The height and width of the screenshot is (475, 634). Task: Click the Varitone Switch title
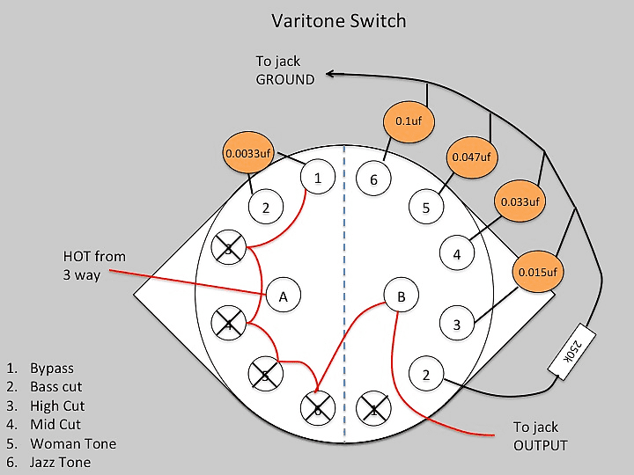tap(339, 21)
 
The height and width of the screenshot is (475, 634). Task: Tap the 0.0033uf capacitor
tap(247, 153)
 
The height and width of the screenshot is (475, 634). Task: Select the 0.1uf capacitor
tap(409, 121)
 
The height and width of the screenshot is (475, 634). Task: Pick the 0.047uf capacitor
tap(471, 157)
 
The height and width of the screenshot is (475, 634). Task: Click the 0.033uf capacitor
tap(520, 201)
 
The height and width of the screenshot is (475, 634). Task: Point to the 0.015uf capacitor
tap(538, 272)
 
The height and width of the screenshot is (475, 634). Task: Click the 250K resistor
tap(571, 348)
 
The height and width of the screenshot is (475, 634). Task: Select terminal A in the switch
tap(283, 296)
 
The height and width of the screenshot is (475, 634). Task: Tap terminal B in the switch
tap(402, 296)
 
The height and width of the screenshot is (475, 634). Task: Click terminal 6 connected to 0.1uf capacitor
tap(373, 179)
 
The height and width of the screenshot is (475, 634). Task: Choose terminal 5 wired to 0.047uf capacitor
tap(426, 208)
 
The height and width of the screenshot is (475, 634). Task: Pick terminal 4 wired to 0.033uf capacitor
tap(457, 253)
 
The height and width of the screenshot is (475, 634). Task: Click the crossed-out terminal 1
tap(373, 409)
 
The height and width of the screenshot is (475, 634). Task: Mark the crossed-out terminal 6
tap(318, 408)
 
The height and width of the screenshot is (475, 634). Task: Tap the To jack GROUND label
tap(285, 70)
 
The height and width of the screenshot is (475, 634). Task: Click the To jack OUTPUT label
tap(540, 436)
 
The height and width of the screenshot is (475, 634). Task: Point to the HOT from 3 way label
tap(94, 266)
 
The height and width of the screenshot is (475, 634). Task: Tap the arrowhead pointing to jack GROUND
tap(330, 74)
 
